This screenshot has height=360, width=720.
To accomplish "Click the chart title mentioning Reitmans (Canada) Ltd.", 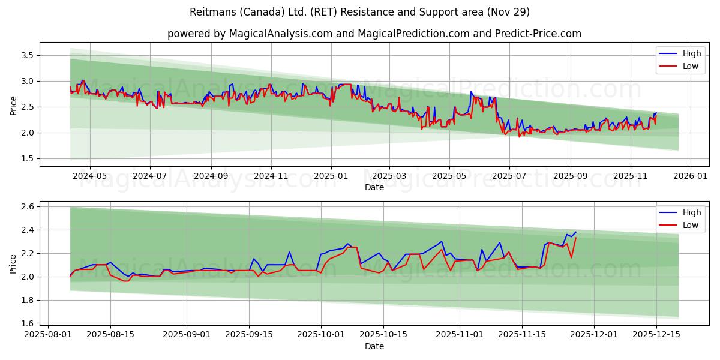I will click(x=359, y=12).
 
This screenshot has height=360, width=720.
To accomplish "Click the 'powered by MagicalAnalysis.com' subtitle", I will click(x=374, y=34).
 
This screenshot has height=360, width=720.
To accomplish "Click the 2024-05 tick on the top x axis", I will click(x=90, y=176).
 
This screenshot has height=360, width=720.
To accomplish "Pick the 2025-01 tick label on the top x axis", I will click(x=331, y=176).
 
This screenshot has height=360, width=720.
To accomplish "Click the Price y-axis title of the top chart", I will click(x=13, y=104).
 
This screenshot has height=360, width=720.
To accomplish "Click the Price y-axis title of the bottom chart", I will click(x=13, y=263).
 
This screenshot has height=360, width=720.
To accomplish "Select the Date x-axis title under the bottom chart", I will click(x=374, y=346).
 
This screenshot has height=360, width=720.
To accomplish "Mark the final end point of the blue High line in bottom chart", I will click(x=576, y=232).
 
